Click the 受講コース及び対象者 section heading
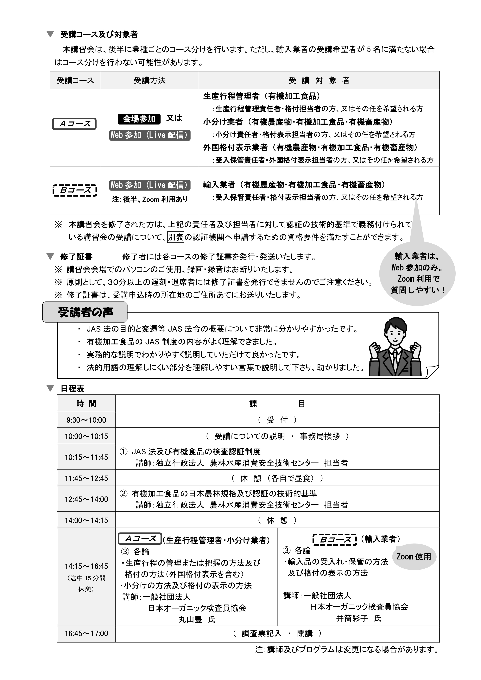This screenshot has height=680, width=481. (99, 35)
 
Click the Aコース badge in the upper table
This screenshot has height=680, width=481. (74, 124)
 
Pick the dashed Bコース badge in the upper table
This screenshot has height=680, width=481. (75, 190)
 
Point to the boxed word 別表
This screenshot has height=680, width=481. (176, 237)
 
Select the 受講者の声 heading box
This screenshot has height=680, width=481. (85, 312)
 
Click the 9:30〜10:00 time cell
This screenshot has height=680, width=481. (86, 420)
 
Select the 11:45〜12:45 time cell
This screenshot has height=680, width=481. (86, 478)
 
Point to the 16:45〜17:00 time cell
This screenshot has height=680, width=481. (86, 633)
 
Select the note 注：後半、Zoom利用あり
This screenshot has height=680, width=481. (150, 199)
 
